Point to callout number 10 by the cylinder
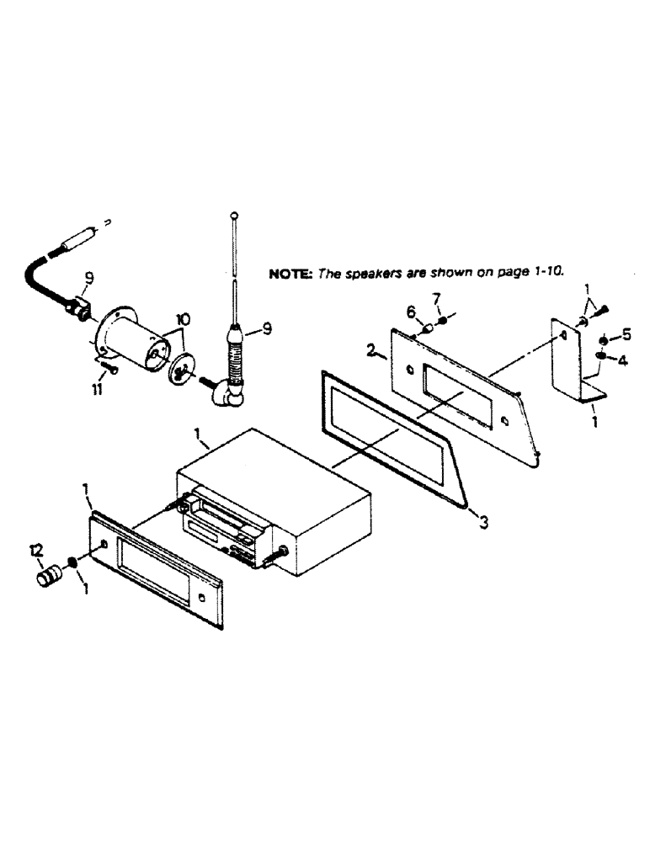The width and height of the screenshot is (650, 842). [183, 320]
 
